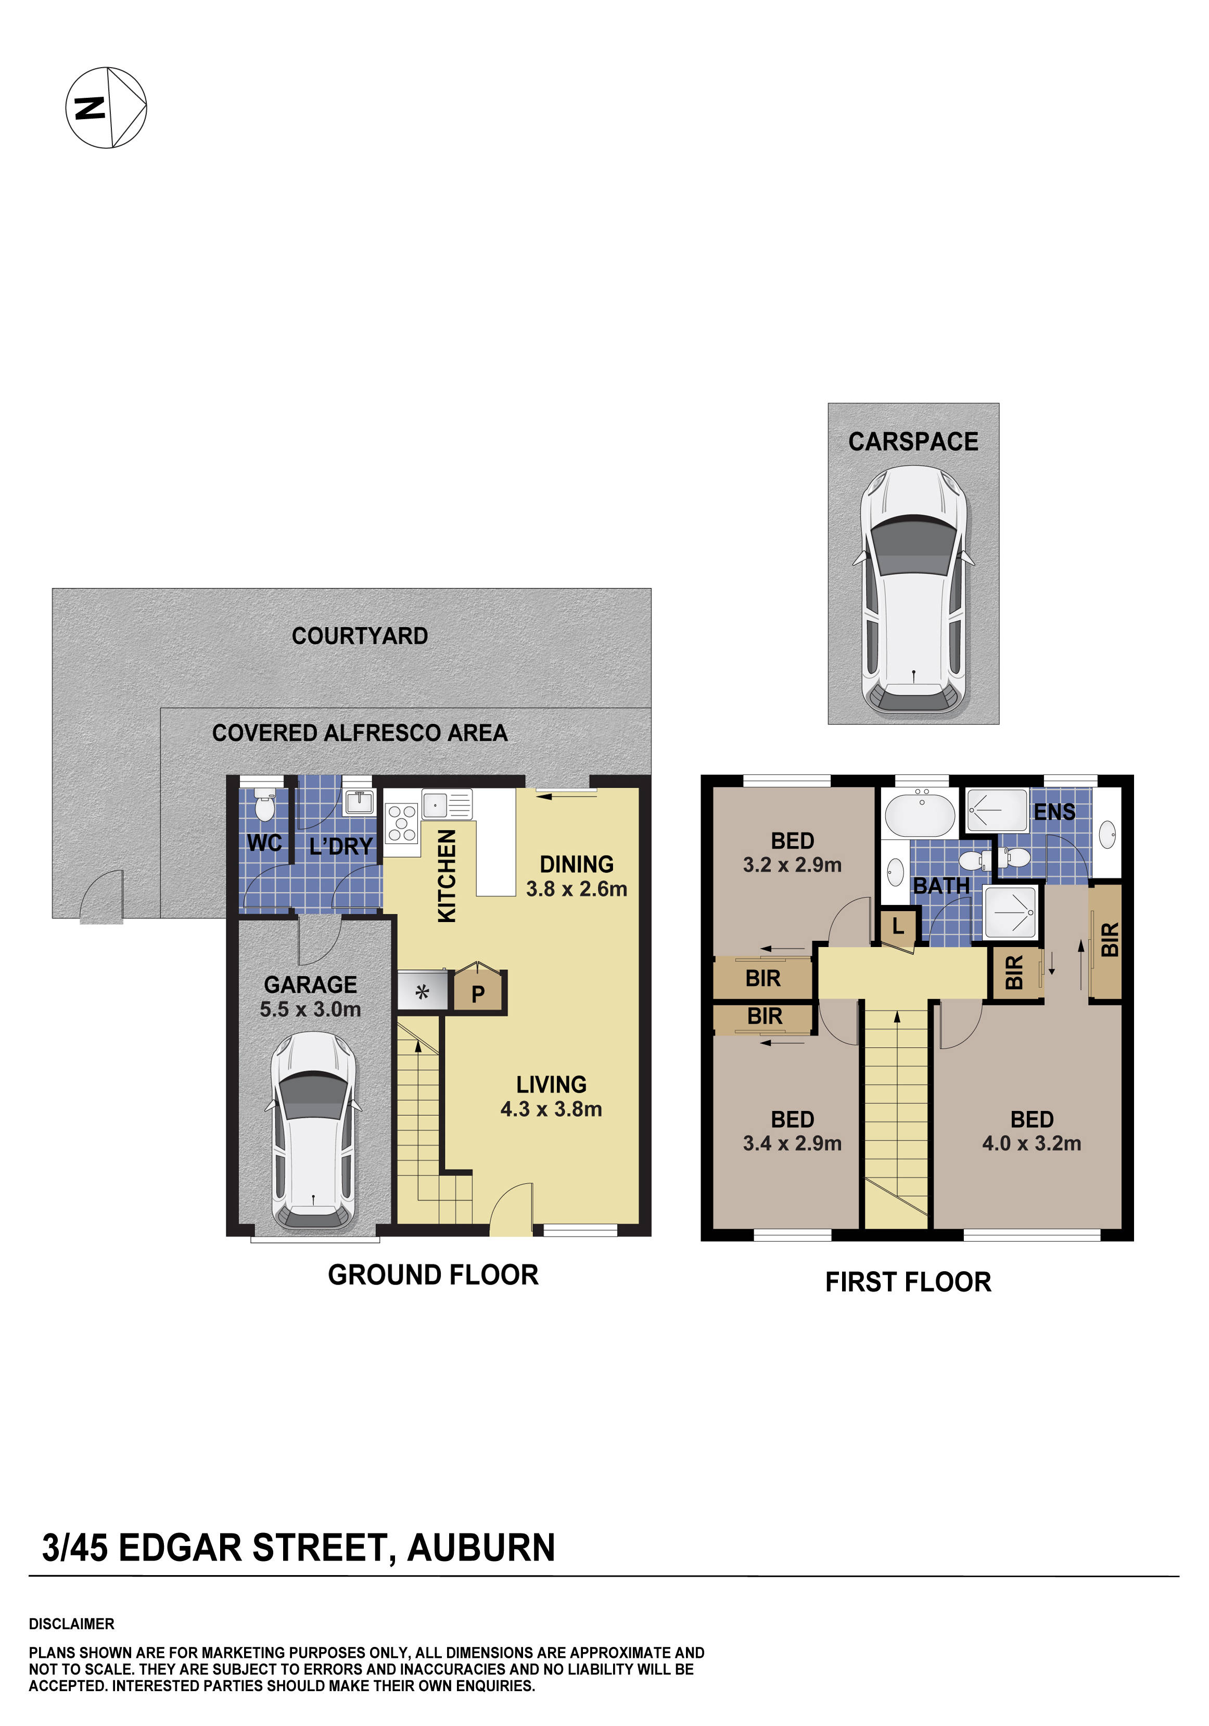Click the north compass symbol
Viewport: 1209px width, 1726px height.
pos(106,108)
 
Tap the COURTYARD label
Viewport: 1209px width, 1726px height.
pos(360,636)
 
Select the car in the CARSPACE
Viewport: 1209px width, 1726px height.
pos(913,590)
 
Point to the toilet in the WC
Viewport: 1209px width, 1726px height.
pos(264,806)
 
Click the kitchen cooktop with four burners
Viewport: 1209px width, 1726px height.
pos(401,823)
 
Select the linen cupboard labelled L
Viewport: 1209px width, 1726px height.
pos(898,927)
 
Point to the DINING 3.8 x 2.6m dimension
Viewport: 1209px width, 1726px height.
pos(576,889)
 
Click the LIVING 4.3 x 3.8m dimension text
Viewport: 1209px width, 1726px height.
pos(551,1109)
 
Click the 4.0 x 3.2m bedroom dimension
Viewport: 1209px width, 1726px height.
pos(1032,1143)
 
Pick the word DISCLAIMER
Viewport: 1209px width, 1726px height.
pos(71,1624)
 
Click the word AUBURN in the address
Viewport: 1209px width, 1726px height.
pos(481,1548)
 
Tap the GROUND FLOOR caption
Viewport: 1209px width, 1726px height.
pos(433,1275)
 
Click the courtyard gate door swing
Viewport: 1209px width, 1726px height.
pos(102,896)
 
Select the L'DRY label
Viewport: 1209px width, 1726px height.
pos(340,847)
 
